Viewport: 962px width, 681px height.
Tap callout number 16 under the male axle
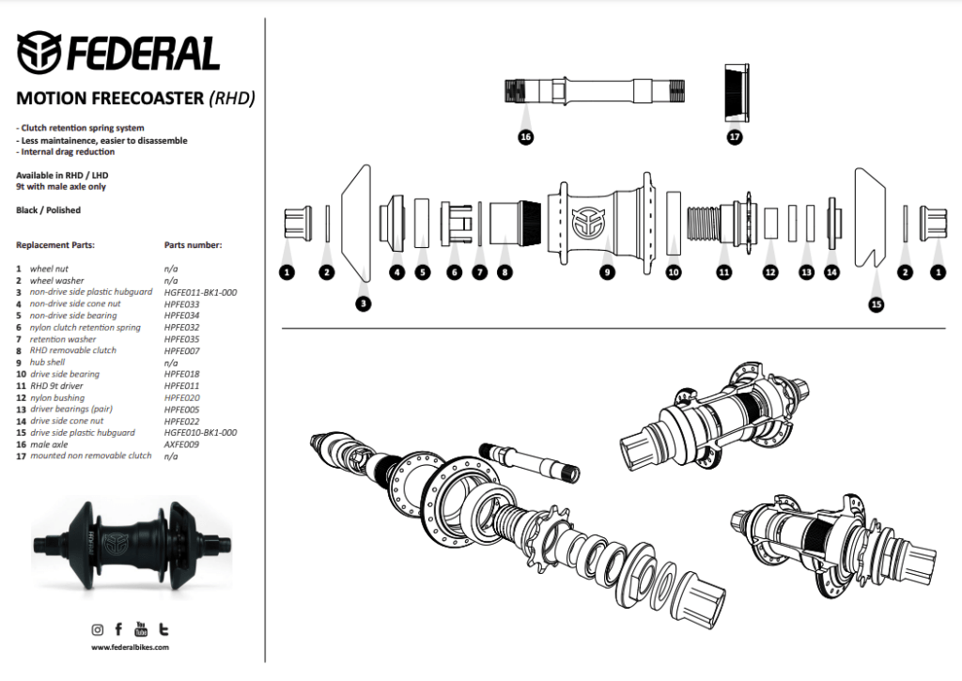(525, 136)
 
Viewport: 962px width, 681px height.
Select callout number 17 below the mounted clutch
(735, 136)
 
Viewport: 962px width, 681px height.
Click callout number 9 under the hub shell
(607, 272)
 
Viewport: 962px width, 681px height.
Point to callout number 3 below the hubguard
(363, 303)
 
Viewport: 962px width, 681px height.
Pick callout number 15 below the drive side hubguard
(877, 304)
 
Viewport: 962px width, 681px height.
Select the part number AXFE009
(181, 444)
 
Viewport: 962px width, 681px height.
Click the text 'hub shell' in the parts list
(48, 363)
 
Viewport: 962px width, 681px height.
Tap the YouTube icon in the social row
(142, 628)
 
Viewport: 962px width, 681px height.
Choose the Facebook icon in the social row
(118, 629)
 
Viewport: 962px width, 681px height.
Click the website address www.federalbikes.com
(131, 647)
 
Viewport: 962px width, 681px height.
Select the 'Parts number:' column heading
(193, 245)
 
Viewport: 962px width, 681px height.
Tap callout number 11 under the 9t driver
(723, 272)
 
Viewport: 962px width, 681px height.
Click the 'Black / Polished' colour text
(48, 210)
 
